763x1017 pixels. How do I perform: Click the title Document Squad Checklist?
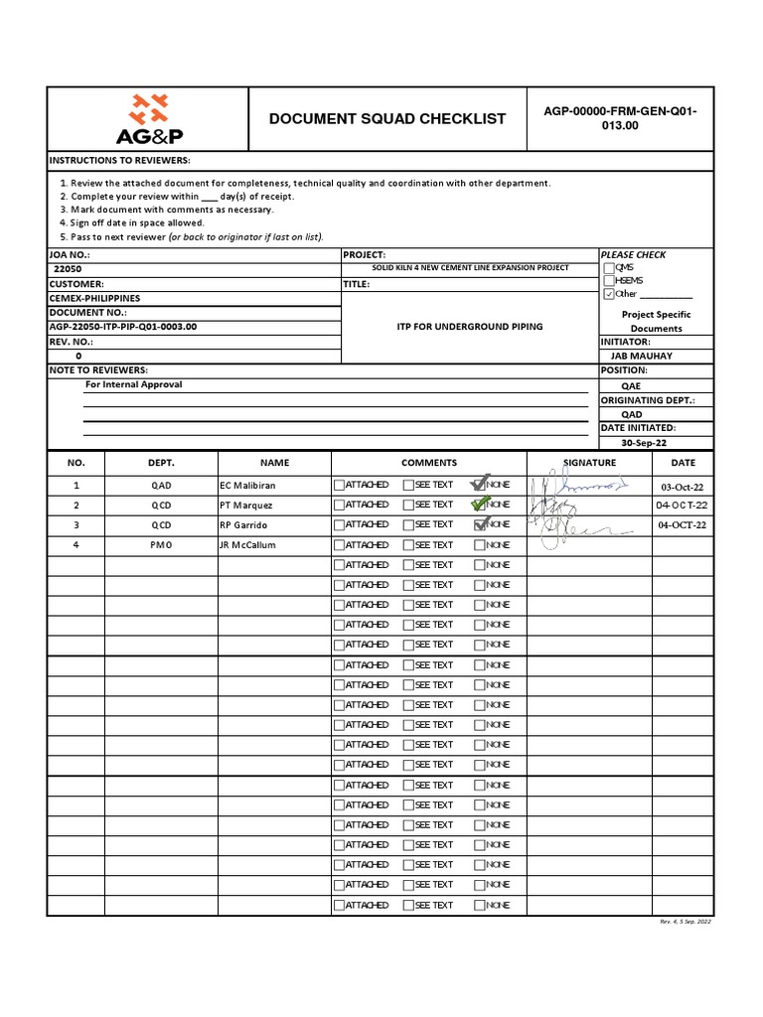coord(387,119)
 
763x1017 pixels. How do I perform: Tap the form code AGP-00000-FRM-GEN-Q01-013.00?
coord(620,119)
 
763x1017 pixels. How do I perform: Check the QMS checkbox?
coord(608,268)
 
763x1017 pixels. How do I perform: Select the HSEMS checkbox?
coord(608,281)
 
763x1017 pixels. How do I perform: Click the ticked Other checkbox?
coord(608,294)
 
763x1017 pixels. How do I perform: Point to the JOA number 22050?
coord(68,269)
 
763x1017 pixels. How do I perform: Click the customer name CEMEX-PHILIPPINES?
coord(94,298)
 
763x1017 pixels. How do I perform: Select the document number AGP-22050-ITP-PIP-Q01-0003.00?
coord(123,327)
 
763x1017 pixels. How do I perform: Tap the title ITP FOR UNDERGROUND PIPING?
coord(470,327)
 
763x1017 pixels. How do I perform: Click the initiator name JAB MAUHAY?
coord(641,356)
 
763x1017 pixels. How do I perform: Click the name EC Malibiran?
coord(247,486)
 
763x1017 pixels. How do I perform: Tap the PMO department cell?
coord(161,545)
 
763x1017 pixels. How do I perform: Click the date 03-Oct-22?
coord(682,487)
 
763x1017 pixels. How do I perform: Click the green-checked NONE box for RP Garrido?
coord(480,524)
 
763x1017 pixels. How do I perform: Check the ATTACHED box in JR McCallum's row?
coord(339,545)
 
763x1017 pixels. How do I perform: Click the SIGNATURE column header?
coord(589,463)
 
